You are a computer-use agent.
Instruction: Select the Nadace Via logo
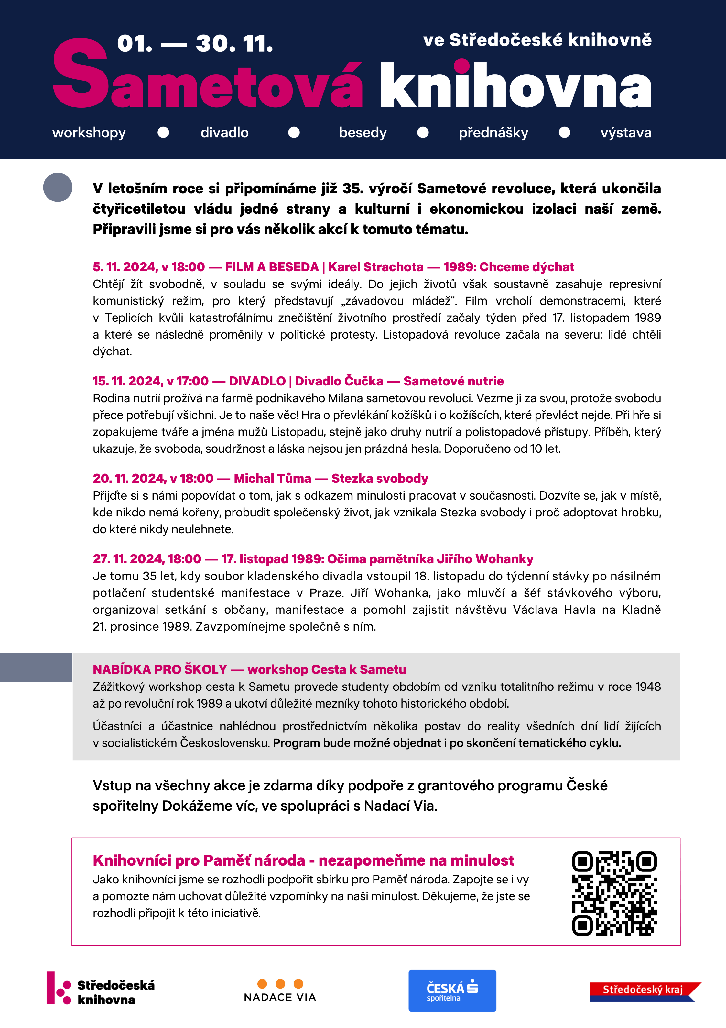pyautogui.click(x=280, y=990)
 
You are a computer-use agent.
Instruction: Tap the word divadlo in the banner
pyautogui.click(x=224, y=133)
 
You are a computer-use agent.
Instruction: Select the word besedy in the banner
pyautogui.click(x=363, y=133)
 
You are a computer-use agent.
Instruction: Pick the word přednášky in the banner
pyautogui.click(x=493, y=133)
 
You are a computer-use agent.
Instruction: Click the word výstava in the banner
pyautogui.click(x=626, y=133)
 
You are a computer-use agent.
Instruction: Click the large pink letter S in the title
pyautogui.click(x=81, y=74)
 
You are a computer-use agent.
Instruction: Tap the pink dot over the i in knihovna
pyautogui.click(x=462, y=66)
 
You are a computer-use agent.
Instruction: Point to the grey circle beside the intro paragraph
pyautogui.click(x=58, y=187)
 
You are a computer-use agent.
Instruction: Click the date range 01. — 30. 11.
pyautogui.click(x=195, y=44)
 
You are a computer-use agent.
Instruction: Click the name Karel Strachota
pyautogui.click(x=375, y=267)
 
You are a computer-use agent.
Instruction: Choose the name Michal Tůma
pyautogui.click(x=272, y=478)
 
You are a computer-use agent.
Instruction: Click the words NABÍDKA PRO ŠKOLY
pyautogui.click(x=160, y=669)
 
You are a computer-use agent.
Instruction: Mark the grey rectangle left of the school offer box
pyautogui.click(x=36, y=667)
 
